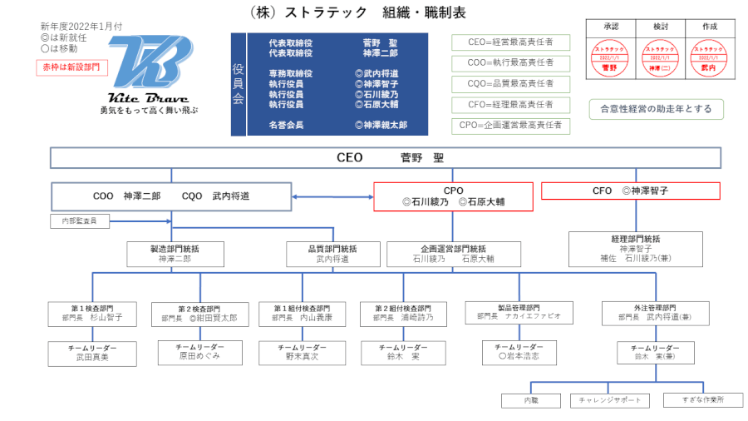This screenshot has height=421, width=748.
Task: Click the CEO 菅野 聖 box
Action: pos(385,157)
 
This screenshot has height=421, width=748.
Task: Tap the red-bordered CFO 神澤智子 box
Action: pos(630,191)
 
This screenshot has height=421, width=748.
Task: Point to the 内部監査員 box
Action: pos(79,221)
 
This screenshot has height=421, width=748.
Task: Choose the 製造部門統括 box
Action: pos(175,253)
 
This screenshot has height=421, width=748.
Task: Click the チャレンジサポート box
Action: pos(610,400)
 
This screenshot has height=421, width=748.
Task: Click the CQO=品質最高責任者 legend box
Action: pos(510,84)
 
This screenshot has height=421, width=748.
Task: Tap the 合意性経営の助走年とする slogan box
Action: pos(655,108)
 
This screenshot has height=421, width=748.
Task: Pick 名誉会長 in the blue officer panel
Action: pos(286,125)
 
